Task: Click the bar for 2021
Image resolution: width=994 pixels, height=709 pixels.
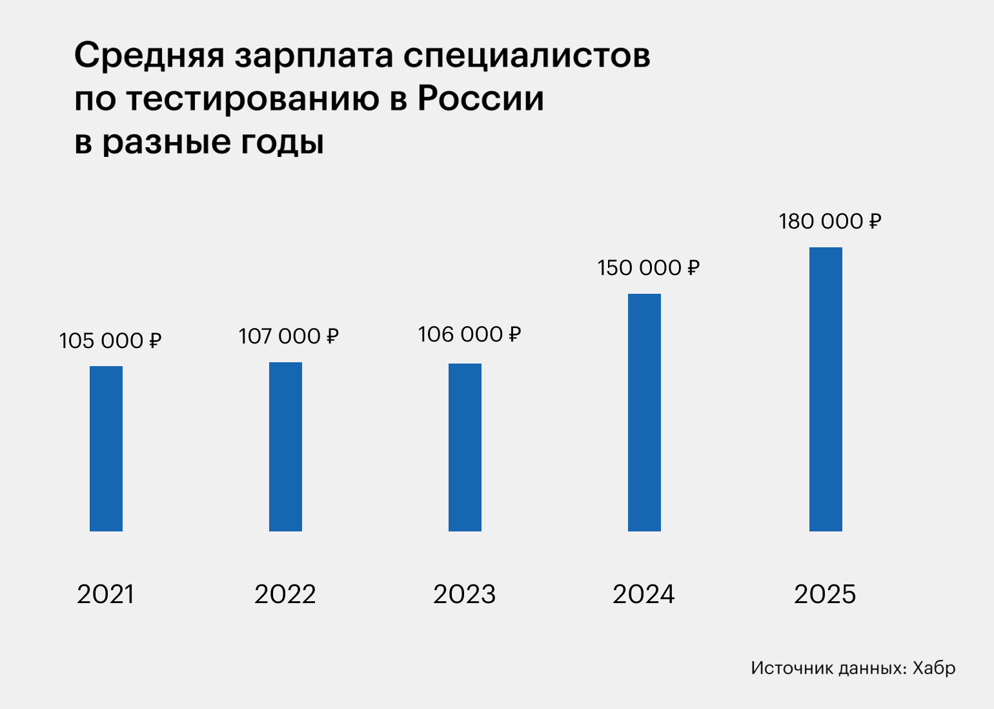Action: (x=106, y=448)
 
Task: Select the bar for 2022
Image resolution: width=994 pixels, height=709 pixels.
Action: (x=285, y=446)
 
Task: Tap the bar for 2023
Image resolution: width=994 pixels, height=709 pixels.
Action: (x=465, y=447)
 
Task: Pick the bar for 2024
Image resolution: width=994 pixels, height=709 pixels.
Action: (x=644, y=412)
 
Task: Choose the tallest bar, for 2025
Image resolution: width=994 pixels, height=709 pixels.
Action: (x=826, y=389)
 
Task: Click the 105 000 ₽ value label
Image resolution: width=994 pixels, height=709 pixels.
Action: (x=110, y=340)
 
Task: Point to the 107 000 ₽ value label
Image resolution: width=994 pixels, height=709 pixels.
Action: (x=289, y=336)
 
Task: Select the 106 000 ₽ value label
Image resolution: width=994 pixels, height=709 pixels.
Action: (x=469, y=334)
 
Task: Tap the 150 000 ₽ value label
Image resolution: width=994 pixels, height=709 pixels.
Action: (x=648, y=267)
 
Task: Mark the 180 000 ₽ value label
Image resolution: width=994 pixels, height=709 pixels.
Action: (x=829, y=221)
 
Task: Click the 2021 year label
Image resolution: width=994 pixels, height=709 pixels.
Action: (x=105, y=594)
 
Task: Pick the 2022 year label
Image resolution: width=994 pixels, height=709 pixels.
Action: (x=285, y=594)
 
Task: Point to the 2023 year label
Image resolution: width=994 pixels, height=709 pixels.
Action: (x=464, y=594)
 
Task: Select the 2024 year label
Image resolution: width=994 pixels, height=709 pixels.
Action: (x=644, y=594)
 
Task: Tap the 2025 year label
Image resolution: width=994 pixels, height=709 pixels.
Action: (x=825, y=594)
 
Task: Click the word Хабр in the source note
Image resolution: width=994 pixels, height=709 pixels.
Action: (x=934, y=668)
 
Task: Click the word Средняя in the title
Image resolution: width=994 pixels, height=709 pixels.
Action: (x=149, y=56)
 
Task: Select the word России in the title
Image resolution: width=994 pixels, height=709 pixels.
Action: (x=481, y=99)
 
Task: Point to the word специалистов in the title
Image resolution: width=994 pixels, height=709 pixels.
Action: (x=527, y=56)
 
